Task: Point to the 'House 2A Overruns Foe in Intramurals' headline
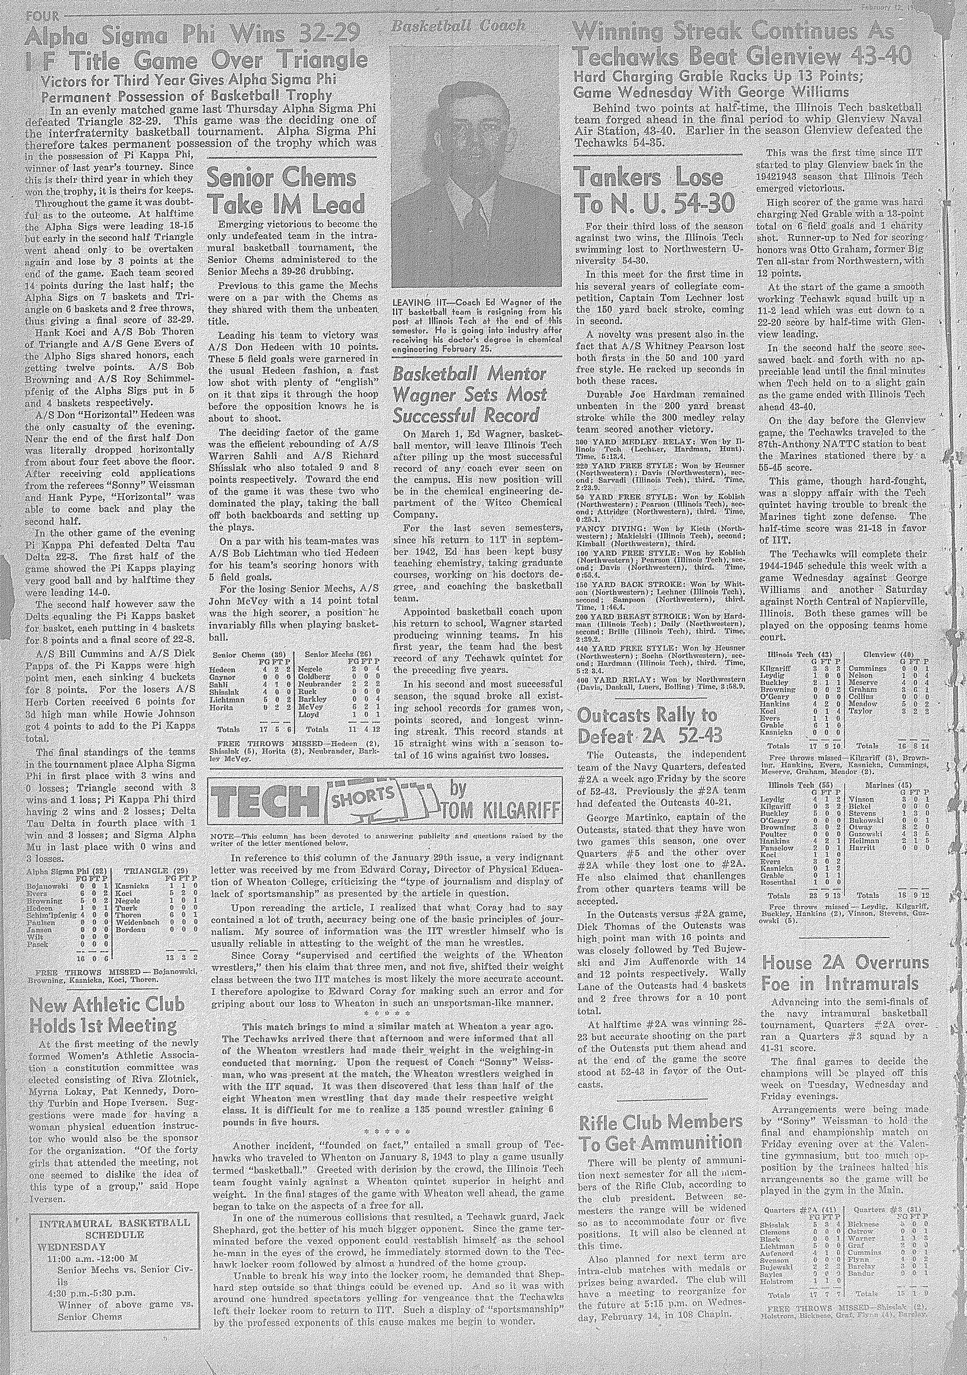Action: coord(844,973)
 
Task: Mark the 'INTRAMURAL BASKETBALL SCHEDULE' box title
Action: coord(114,1206)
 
